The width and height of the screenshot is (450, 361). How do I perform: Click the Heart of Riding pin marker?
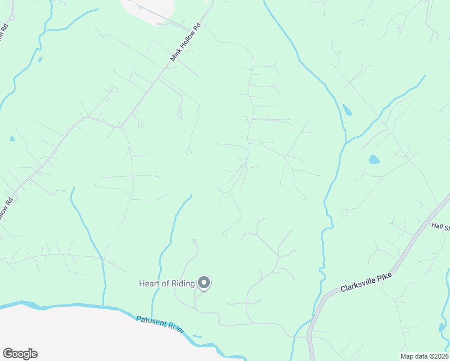(x=204, y=282)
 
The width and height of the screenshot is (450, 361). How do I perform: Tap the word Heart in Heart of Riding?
(x=150, y=283)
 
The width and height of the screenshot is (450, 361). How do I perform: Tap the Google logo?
(x=20, y=354)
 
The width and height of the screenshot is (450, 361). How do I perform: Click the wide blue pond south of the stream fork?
(x=374, y=159)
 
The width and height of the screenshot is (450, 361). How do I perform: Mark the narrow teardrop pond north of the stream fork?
(x=347, y=110)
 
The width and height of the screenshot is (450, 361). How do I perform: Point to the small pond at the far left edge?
(x=12, y=138)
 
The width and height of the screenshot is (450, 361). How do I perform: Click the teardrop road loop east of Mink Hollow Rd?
(x=179, y=112)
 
